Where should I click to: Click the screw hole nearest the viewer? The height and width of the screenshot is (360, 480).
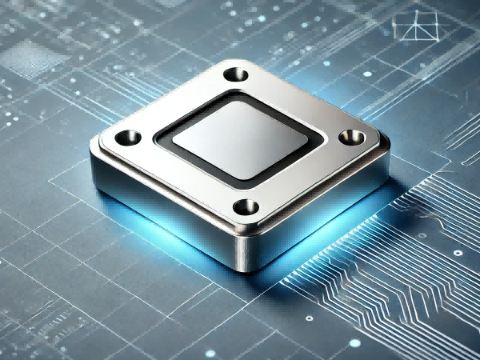[x=246, y=206]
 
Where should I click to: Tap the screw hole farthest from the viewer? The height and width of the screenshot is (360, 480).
[x=234, y=75]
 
